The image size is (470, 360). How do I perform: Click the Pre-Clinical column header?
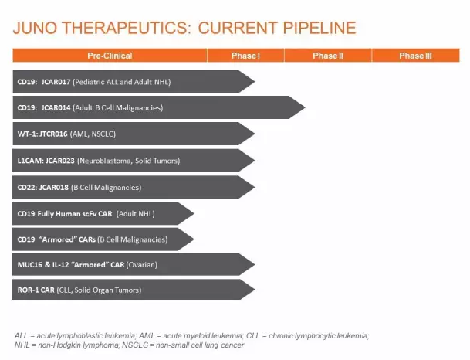110,56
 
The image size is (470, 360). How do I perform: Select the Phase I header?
245,56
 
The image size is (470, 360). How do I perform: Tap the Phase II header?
328,56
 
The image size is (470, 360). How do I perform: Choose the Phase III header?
415,56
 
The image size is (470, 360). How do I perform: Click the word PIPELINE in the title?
320,28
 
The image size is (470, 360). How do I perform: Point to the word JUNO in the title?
35,28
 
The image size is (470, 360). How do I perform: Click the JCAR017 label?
56,82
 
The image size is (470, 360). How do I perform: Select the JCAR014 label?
56,107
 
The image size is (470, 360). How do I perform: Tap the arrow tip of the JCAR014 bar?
305,107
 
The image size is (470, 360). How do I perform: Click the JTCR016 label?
53,134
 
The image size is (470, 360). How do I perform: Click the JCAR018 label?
54,188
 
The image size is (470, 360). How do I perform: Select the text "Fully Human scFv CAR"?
75,214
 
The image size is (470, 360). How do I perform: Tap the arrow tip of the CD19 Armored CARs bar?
194,239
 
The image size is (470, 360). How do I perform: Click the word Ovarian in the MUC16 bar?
142,265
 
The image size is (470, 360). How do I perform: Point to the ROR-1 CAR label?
36,290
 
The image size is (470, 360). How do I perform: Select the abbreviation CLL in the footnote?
253,336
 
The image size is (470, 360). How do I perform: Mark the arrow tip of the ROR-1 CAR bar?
255,290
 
